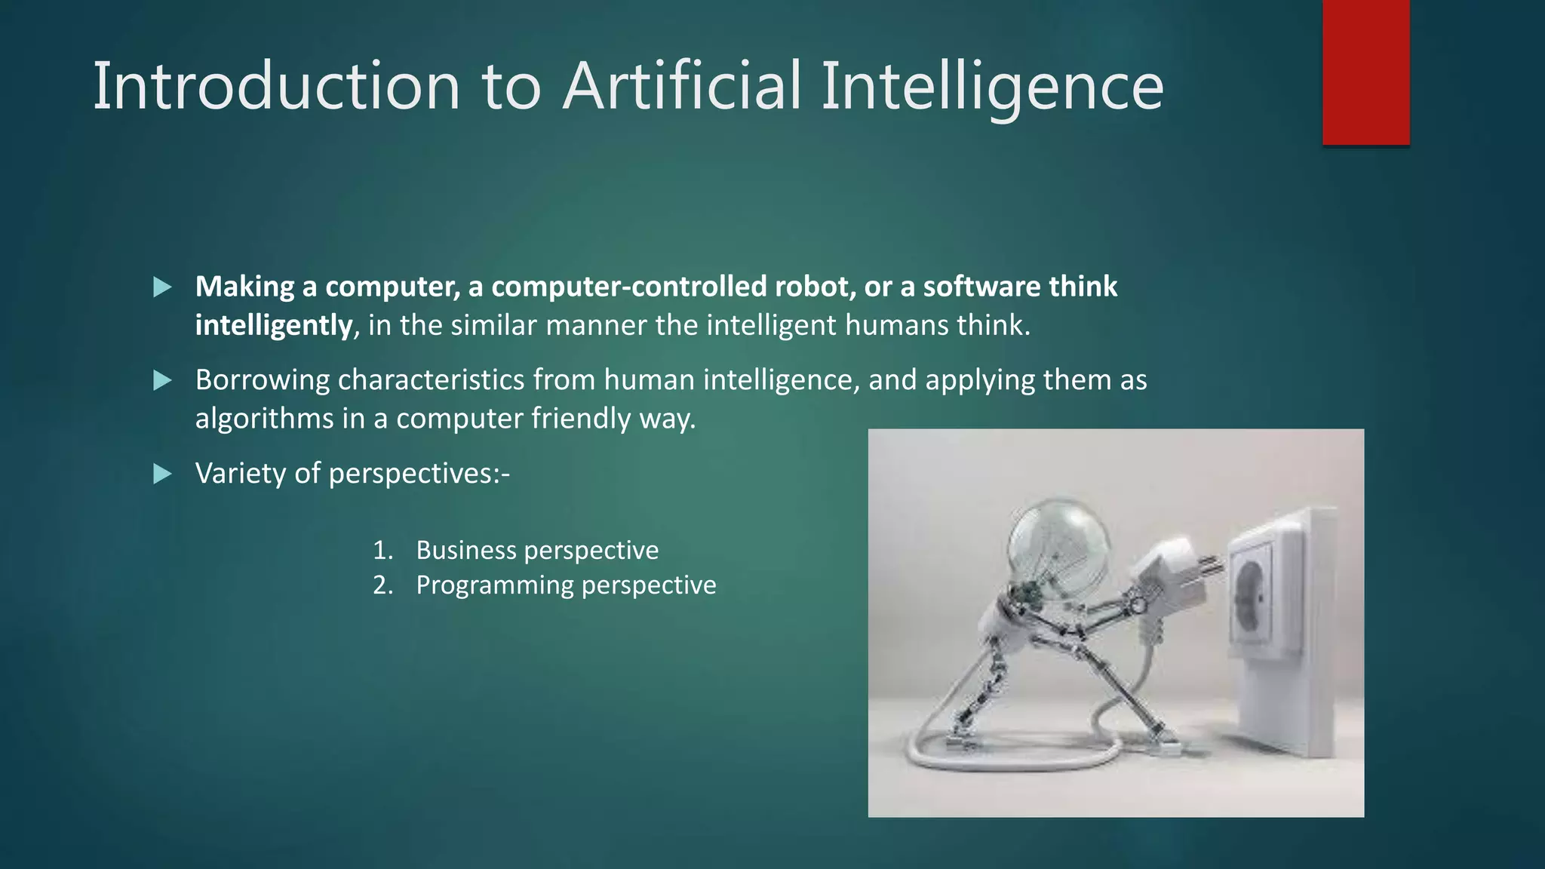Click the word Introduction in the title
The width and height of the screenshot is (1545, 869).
pyautogui.click(x=275, y=87)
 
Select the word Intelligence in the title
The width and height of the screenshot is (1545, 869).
pyautogui.click(x=991, y=87)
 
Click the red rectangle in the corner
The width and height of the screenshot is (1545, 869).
pyautogui.click(x=1365, y=72)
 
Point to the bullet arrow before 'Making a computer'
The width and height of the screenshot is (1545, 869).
pyautogui.click(x=162, y=287)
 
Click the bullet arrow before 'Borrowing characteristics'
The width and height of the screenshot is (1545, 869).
pyautogui.click(x=162, y=380)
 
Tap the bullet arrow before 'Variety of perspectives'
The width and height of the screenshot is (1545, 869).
pyautogui.click(x=162, y=474)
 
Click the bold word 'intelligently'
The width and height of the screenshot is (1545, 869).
pyautogui.click(x=273, y=326)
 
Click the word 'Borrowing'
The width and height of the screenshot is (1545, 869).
pyautogui.click(x=262, y=380)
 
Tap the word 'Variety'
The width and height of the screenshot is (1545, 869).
pyautogui.click(x=241, y=474)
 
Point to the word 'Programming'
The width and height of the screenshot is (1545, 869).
pyautogui.click(x=494, y=585)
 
